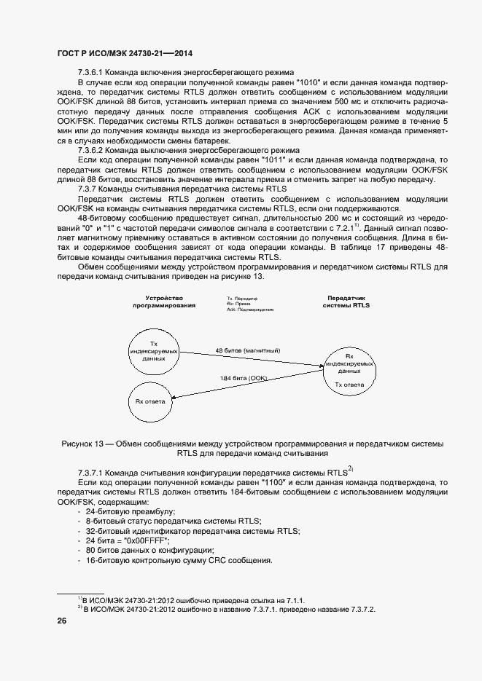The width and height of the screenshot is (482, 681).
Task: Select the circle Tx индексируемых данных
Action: pyautogui.click(x=153, y=351)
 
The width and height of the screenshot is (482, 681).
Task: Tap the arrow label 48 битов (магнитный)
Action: pyautogui.click(x=248, y=350)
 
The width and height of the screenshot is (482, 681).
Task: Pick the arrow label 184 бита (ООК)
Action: pyautogui.click(x=244, y=378)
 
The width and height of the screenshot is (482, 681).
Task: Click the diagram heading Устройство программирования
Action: pyautogui.click(x=164, y=302)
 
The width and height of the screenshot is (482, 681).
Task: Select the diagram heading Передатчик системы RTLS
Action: pyautogui.click(x=346, y=302)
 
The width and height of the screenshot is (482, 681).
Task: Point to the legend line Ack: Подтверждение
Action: pyautogui.click(x=250, y=309)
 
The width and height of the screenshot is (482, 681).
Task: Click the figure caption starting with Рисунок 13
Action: pyautogui.click(x=252, y=447)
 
